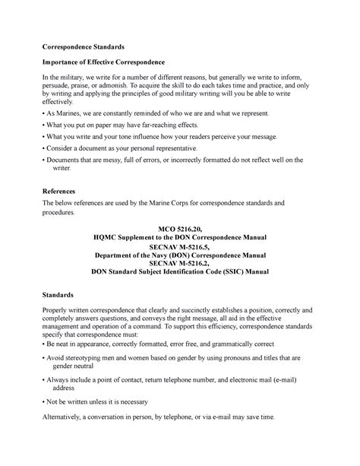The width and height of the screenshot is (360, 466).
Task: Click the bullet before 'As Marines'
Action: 43,113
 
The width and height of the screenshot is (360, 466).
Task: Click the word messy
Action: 120,160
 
